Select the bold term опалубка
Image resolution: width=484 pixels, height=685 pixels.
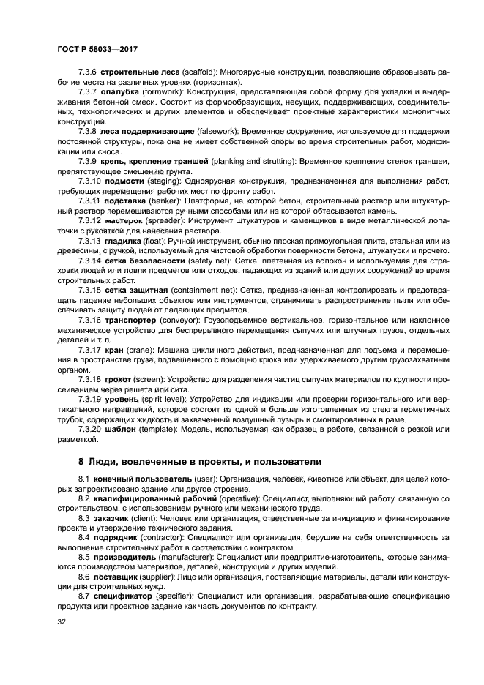[123, 94]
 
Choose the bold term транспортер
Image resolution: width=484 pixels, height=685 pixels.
[133, 321]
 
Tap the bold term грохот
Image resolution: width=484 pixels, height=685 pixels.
[119, 379]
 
